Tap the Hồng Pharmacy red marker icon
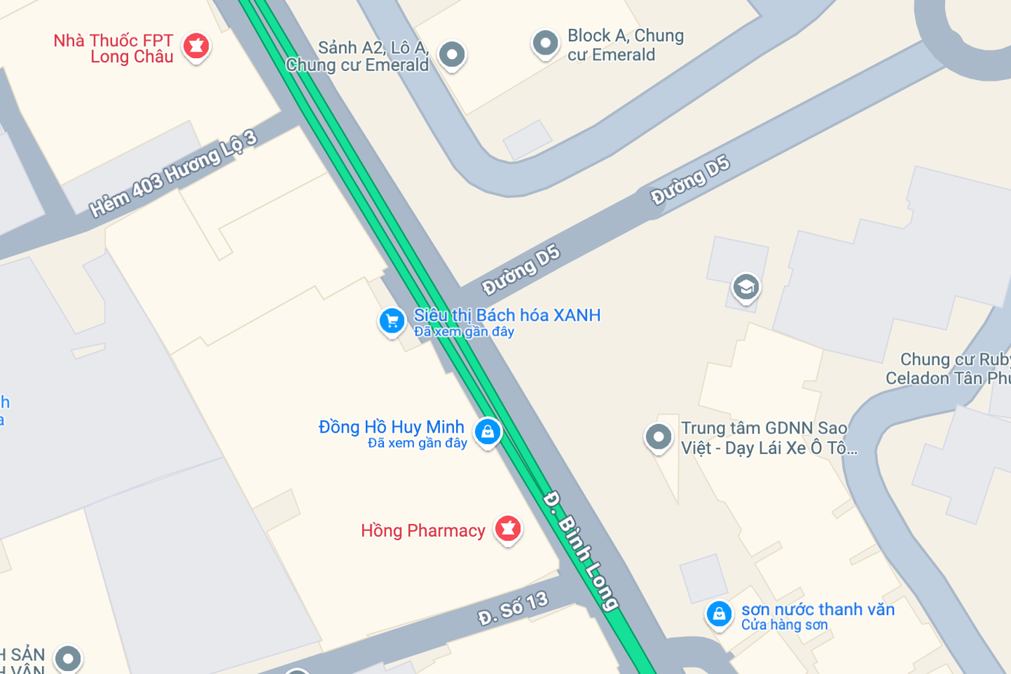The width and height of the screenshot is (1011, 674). pos(508,529)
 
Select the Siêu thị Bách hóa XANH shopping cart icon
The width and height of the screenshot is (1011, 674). pos(392,321)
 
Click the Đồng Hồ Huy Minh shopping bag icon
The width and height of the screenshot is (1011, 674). pos(487,432)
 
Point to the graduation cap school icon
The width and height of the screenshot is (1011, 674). pos(746,287)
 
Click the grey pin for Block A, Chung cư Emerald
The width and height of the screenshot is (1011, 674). pos(545,44)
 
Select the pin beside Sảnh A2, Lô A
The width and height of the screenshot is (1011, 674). pos(452,55)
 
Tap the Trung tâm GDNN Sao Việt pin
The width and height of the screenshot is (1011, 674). pos(658,437)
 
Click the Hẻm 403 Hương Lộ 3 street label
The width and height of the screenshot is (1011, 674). pos(173,174)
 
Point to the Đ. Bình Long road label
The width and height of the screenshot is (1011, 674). pos(580,550)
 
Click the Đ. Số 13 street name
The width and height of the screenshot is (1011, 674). pos(513,608)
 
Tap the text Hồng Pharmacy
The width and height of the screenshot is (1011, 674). pos(423,531)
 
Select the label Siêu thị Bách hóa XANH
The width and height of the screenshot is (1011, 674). pos(507,316)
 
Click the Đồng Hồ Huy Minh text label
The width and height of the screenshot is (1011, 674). pos(391,427)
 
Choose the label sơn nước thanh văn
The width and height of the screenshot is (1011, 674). pos(818,609)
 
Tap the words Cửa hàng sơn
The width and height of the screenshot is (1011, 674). pos(784,625)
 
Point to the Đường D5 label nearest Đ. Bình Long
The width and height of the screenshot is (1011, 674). pos(521,270)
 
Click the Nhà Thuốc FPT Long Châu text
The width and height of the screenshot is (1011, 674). pos(113,49)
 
